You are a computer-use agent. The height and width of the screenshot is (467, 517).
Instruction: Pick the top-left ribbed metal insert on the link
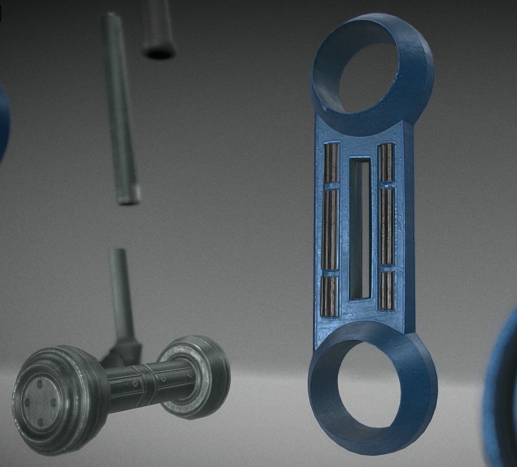click(331, 163)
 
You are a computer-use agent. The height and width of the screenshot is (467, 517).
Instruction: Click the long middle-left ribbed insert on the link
click(330, 230)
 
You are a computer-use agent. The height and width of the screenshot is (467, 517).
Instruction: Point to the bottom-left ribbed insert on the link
click(330, 295)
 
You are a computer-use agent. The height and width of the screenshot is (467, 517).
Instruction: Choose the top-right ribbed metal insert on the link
click(386, 163)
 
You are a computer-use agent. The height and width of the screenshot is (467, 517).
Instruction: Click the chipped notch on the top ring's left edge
click(324, 106)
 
